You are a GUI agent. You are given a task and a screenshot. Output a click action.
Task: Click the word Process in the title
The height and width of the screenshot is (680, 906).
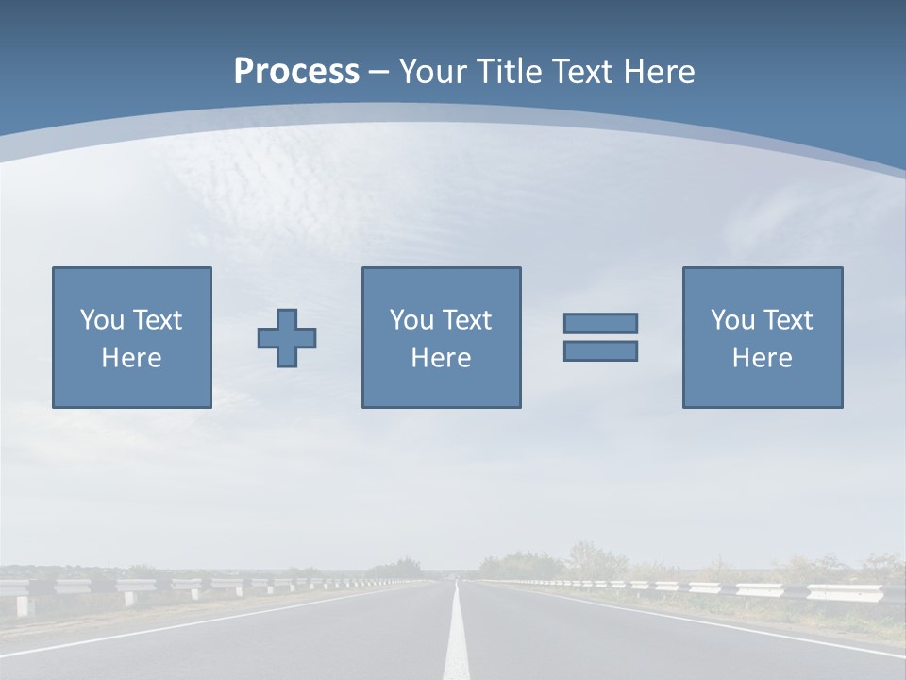coord(296,72)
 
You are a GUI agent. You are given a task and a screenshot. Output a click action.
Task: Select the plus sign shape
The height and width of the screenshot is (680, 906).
coord(287,338)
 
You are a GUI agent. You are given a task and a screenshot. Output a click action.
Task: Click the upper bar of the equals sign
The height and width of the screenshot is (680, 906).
coord(600,323)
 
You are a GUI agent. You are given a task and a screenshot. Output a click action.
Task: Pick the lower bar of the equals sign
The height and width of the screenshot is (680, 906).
coord(600,350)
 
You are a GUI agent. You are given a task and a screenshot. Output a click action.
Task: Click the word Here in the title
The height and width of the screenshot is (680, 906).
coord(659,72)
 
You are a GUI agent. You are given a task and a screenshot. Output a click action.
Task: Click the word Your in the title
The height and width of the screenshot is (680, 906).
coord(430,72)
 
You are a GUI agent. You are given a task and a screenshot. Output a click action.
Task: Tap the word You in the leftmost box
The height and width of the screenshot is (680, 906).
coord(102,320)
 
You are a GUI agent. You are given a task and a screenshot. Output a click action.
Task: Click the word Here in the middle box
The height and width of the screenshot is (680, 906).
coord(442,358)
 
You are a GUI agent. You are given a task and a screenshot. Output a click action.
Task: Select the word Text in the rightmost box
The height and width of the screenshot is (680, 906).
coord(787,320)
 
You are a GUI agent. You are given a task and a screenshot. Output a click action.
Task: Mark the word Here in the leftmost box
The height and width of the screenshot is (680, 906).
coord(132,358)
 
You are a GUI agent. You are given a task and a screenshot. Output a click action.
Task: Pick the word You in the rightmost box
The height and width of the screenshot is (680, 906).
coord(732,320)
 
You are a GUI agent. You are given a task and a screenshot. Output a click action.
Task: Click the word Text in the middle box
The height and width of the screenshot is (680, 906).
coord(466,320)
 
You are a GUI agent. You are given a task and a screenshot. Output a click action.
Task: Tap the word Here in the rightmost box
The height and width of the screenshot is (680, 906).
coord(763,358)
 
